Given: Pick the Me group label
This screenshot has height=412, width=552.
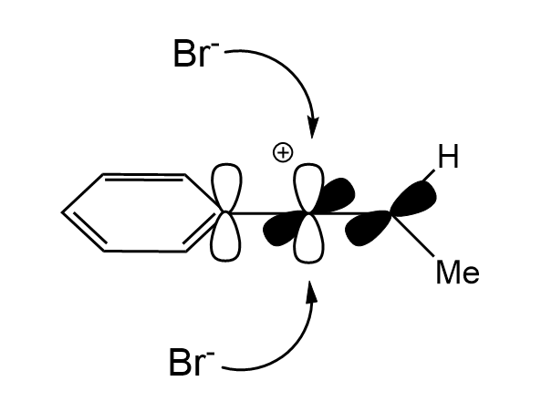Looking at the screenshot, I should click(456, 272).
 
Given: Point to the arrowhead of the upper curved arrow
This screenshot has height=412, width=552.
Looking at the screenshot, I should click(312, 128).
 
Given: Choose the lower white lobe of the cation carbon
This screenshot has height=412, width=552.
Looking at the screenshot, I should click(311, 242).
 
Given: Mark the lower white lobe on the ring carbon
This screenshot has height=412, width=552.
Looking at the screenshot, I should click(225, 239).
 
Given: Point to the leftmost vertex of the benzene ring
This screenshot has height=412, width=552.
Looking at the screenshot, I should click(63, 212).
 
